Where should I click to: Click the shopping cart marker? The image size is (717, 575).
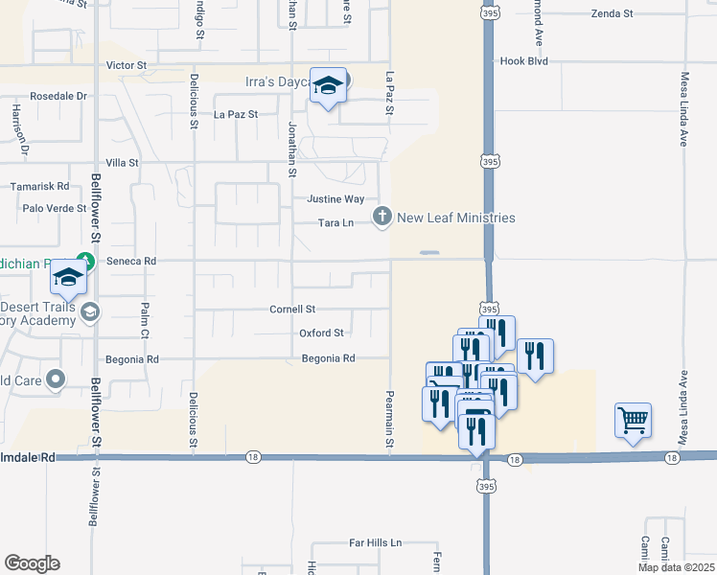(633, 420)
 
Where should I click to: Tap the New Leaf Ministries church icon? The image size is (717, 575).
(382, 218)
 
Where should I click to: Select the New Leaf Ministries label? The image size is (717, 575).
(456, 218)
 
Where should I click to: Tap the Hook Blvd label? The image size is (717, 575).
(523, 60)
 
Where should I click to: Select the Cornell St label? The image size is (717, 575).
(292, 310)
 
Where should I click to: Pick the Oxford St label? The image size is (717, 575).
(320, 333)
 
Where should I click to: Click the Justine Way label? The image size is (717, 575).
(335, 199)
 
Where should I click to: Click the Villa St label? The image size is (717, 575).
(122, 163)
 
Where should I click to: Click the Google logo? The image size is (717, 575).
(32, 563)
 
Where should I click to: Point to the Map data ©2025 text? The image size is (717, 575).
(675, 567)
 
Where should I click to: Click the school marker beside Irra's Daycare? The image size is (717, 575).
(328, 86)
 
